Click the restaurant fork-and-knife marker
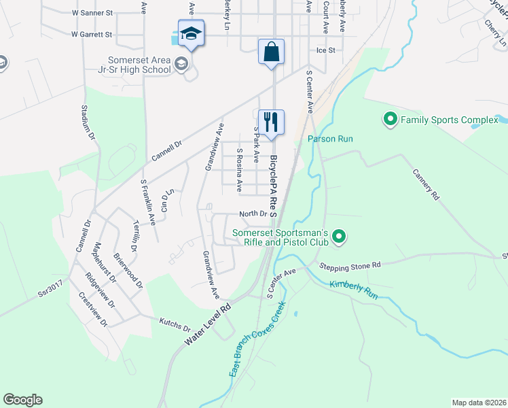click(x=271, y=122)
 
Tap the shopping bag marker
click(x=271, y=52)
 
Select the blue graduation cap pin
click(x=192, y=33)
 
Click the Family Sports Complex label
click(x=449, y=120)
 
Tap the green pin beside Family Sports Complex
click(x=391, y=120)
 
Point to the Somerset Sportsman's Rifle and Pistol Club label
click(x=280, y=237)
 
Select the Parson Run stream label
click(x=331, y=139)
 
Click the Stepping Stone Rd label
click(x=351, y=266)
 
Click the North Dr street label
click(x=253, y=213)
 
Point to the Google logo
click(x=22, y=400)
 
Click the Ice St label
click(x=326, y=50)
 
